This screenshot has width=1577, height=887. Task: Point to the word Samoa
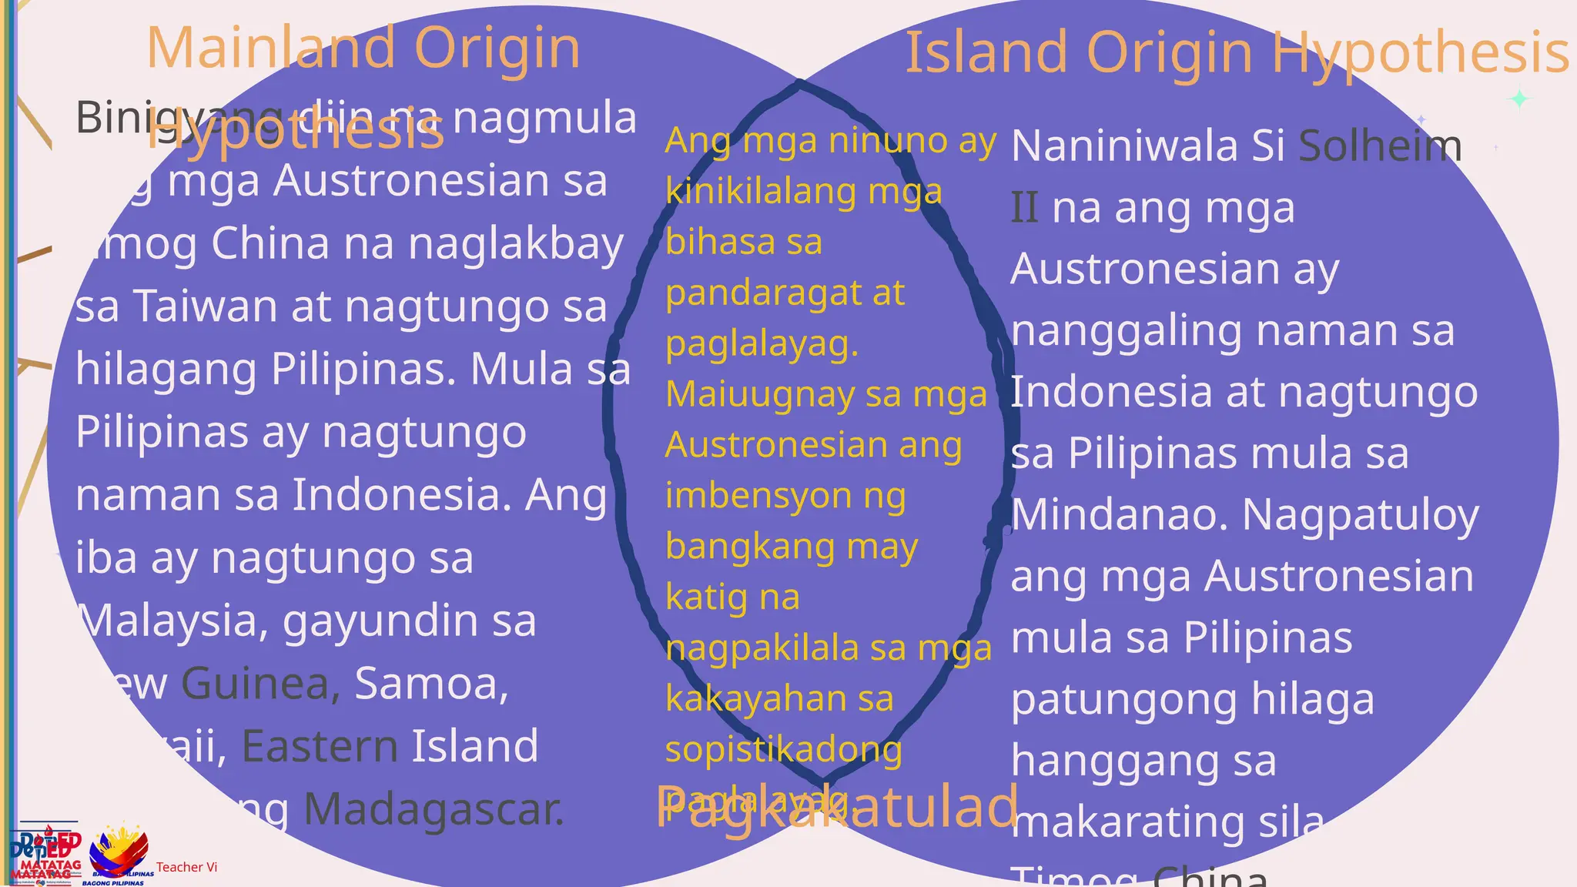(x=431, y=684)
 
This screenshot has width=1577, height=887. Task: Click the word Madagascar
(x=434, y=810)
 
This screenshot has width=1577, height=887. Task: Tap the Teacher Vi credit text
(x=186, y=867)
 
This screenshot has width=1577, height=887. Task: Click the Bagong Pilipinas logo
(x=119, y=855)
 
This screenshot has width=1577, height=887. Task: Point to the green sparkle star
(x=1519, y=99)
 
